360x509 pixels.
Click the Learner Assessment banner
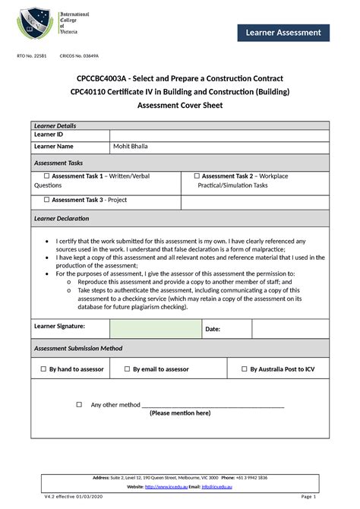[283, 32]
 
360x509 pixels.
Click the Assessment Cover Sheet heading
[180, 106]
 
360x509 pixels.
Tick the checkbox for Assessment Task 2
[197, 175]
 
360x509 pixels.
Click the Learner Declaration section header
[62, 219]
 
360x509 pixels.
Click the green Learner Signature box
[155, 328]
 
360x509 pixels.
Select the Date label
[213, 329]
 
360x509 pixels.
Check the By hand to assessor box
[43, 368]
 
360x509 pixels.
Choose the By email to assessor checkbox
[127, 368]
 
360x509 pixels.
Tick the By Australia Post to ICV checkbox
[244, 368]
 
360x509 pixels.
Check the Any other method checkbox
[79, 405]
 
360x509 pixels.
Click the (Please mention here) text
[180, 413]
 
